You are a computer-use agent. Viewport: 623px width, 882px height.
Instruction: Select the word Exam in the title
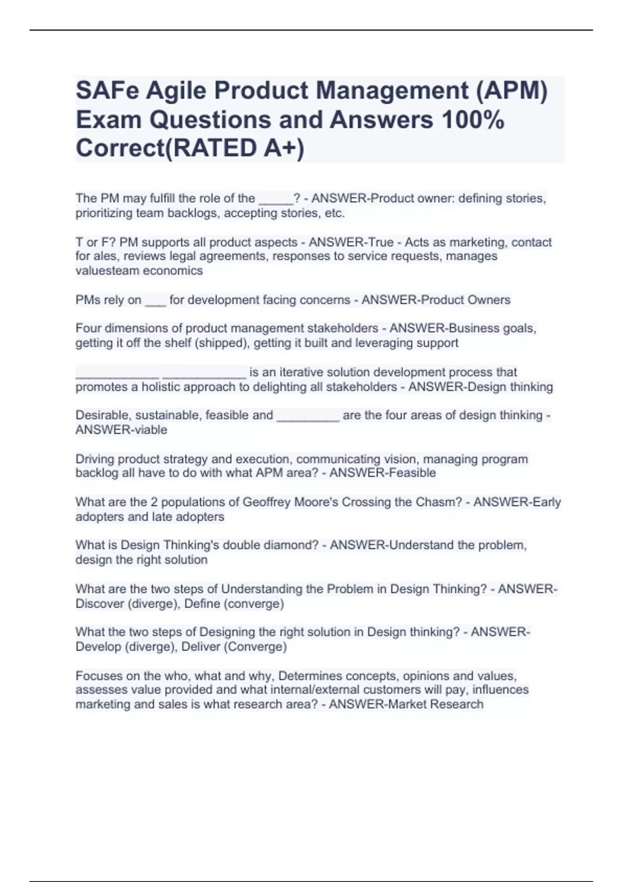109,120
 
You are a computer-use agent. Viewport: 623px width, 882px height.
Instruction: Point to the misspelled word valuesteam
106,271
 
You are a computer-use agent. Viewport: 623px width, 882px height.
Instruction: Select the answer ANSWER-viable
121,430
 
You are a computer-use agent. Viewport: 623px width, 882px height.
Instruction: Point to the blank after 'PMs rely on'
155,301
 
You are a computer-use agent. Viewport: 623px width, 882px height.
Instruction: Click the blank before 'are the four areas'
308,416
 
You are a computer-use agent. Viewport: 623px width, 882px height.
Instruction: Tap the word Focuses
97,676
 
